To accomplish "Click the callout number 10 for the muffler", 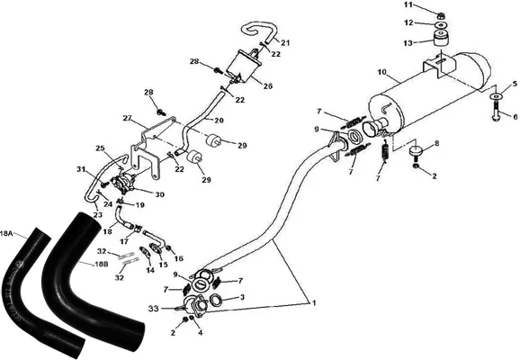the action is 382,72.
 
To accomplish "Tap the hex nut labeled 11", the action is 441,15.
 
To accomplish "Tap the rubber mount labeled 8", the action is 417,152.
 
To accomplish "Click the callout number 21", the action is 285,43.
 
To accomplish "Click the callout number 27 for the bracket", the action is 128,118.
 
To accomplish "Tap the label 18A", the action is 6,233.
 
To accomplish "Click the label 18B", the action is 101,265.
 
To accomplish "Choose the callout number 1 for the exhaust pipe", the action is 313,302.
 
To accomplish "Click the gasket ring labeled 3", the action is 216,300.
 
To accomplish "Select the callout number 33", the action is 154,309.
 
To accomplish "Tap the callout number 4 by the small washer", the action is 200,332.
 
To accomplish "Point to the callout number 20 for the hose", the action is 219,120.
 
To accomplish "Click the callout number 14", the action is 150,270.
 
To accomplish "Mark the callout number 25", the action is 100,148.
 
